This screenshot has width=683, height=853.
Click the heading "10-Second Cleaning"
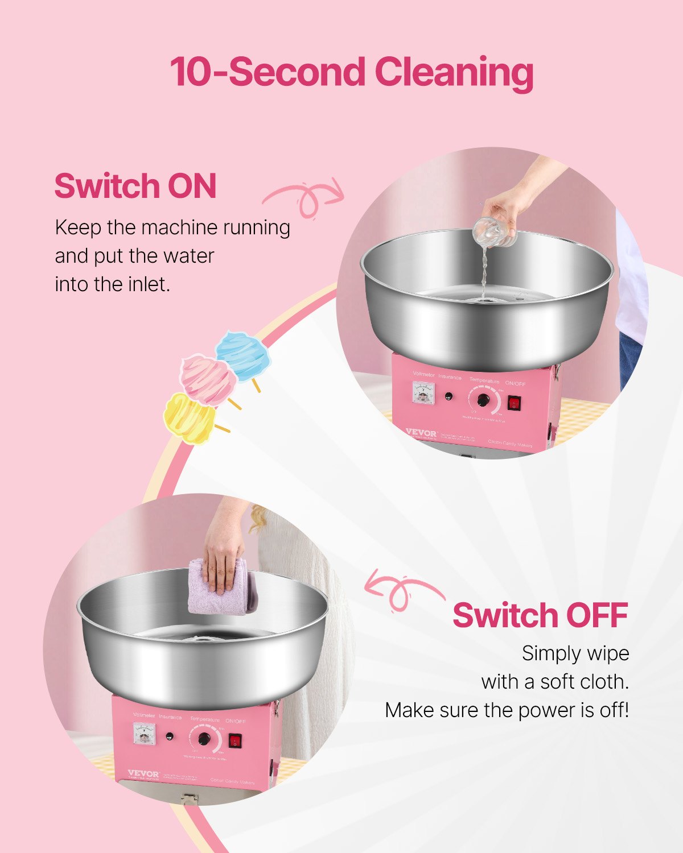coord(351,73)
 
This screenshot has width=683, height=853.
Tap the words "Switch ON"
coord(135,186)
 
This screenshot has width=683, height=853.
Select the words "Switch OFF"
coord(540,615)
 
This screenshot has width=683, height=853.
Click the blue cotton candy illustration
coord(243,355)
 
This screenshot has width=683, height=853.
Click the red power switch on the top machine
coord(515,403)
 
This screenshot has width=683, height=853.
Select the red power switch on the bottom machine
coord(236,740)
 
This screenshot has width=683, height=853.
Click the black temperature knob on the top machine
coord(483,400)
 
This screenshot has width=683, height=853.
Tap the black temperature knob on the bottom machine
coord(204,739)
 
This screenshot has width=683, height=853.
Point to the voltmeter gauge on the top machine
coord(423,393)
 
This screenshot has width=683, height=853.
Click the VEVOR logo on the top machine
coord(422,433)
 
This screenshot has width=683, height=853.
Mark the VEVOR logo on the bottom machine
coord(143,774)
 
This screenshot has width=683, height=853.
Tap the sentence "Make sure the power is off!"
coord(507,710)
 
